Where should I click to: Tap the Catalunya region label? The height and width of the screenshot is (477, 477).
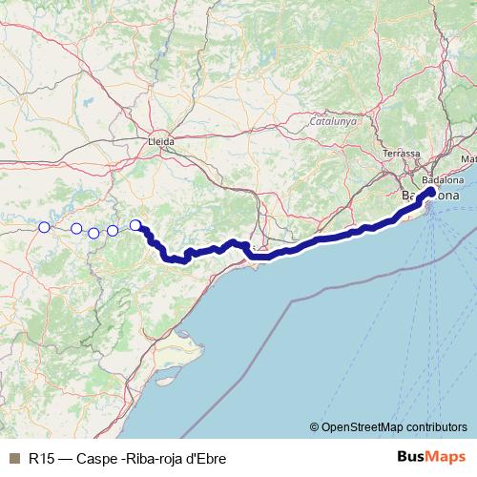click(332, 122)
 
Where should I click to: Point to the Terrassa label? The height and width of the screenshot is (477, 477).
click(401, 154)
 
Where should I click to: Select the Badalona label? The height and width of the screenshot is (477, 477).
click(443, 179)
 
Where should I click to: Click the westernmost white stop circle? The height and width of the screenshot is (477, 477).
click(44, 227)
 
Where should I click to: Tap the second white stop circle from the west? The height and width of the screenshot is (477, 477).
click(76, 228)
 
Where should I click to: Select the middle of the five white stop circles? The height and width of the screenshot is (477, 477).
click(93, 233)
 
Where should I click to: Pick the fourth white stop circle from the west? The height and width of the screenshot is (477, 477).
click(113, 230)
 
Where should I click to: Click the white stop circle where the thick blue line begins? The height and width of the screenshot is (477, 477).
click(135, 225)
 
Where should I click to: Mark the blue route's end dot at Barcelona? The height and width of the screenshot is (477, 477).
click(431, 192)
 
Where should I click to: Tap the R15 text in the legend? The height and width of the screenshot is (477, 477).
click(40, 458)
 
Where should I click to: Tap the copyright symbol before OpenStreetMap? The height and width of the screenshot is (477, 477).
click(314, 426)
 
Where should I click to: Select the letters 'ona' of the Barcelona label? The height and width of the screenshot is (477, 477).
click(447, 196)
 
